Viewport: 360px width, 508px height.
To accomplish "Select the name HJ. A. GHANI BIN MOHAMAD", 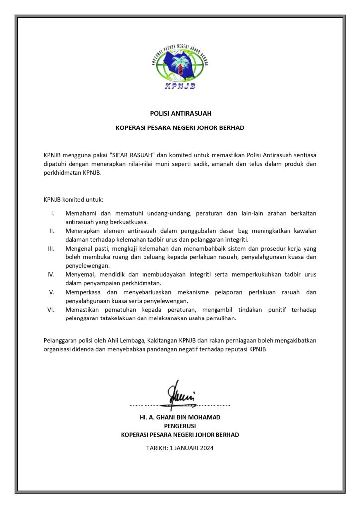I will (x=180, y=417).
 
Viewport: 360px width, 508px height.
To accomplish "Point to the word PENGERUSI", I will (x=180, y=426).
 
